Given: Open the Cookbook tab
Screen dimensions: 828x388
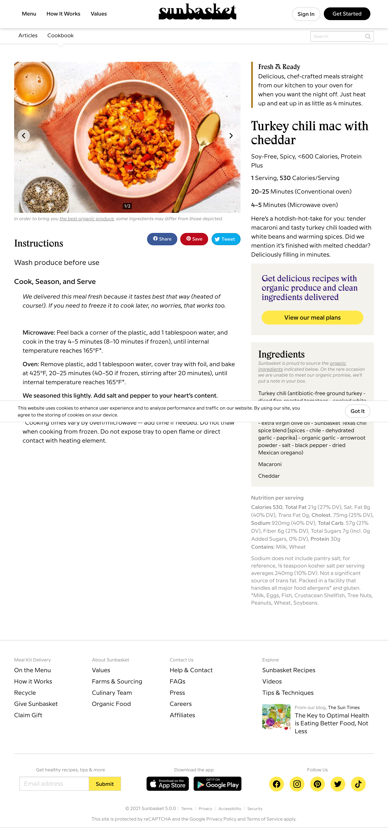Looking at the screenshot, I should click(x=60, y=35).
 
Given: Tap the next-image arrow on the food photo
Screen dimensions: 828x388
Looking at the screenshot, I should click(x=231, y=136).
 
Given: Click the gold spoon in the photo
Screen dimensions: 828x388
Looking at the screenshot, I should click(x=206, y=135).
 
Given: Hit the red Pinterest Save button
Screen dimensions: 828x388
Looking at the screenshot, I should click(x=194, y=239).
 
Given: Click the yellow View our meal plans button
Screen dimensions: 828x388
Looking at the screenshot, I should click(x=312, y=318).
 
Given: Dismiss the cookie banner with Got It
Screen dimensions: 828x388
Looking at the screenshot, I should click(x=357, y=411).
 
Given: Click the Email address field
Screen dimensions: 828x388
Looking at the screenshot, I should click(x=54, y=784).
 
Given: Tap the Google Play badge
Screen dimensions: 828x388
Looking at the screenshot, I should click(x=217, y=784).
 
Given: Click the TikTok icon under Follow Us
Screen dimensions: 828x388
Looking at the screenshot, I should click(x=358, y=784).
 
